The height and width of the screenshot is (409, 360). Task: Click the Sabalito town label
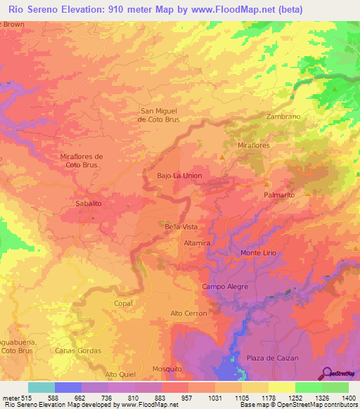tap(88, 203)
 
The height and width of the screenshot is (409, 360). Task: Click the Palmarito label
tap(278, 194)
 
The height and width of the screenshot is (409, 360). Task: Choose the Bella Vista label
tap(181, 227)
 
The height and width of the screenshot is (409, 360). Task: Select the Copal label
tap(122, 303)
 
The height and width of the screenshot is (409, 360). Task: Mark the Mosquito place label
tap(167, 368)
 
